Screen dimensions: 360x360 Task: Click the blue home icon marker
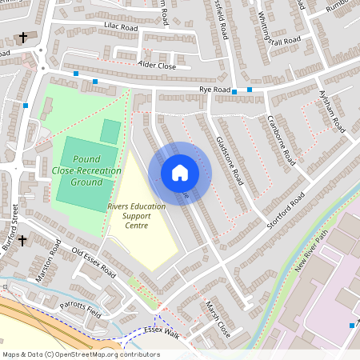pyautogui.click(x=179, y=172)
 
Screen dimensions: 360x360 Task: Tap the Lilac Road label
pyautogui.click(x=121, y=28)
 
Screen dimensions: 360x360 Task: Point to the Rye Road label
pyautogui.click(x=215, y=89)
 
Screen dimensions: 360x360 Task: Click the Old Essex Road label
pyautogui.click(x=94, y=263)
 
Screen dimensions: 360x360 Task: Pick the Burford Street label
pyautogui.click(x=10, y=228)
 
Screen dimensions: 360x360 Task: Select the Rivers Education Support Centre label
pyautogui.click(x=137, y=216)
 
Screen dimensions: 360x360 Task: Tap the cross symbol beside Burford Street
pyautogui.click(x=22, y=240)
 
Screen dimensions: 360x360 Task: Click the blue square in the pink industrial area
pyautogui.click(x=352, y=325)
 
